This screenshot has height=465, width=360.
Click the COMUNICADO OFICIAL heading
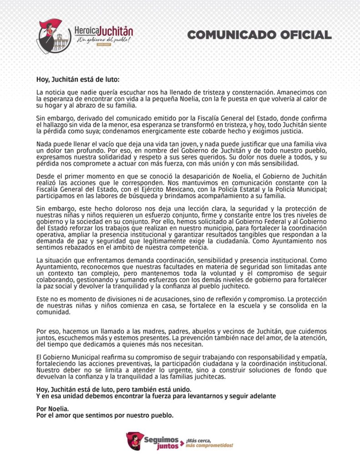pos(259,35)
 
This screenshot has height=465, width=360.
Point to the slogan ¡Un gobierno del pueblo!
pos(104,40)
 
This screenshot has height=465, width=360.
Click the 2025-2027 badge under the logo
pos(104,46)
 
